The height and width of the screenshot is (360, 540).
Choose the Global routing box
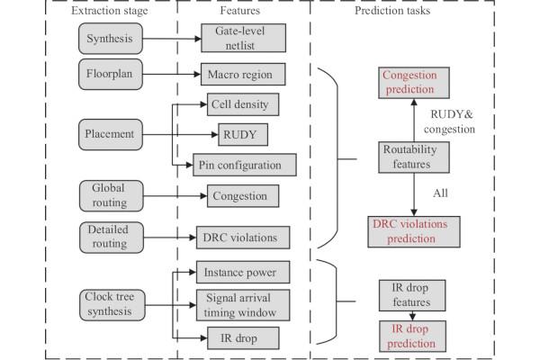108,194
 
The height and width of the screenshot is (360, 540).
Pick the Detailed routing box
108,238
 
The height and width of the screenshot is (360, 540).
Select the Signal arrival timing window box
243,303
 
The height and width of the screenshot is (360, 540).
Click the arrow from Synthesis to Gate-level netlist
174,39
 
